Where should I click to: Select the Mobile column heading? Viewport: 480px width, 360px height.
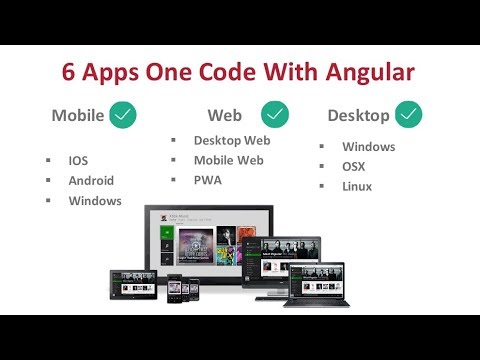(78, 115)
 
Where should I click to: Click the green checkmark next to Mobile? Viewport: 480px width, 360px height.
(124, 115)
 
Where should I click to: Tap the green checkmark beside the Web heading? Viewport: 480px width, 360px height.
(275, 115)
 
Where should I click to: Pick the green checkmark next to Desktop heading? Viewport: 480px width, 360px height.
(408, 115)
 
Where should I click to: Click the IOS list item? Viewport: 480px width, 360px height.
(79, 160)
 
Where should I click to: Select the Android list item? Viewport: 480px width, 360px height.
(91, 181)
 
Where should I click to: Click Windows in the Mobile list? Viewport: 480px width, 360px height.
(95, 201)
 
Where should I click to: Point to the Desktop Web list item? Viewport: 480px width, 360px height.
(232, 140)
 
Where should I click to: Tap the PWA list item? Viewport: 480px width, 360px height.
(208, 180)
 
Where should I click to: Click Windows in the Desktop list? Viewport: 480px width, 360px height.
(369, 146)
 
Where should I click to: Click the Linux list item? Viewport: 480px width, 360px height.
(357, 186)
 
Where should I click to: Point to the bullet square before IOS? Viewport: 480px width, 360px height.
(47, 160)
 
